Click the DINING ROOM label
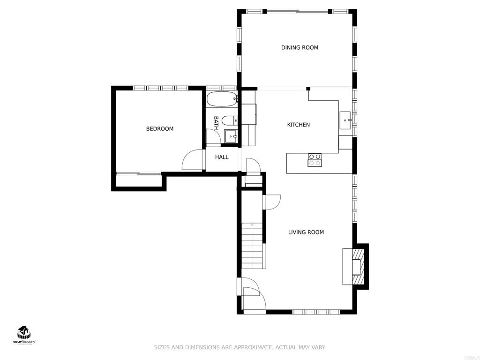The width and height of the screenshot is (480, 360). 300,47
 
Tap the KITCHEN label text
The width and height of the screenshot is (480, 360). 299,125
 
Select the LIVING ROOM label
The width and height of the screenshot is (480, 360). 306,232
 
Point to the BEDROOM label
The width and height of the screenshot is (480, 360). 160,129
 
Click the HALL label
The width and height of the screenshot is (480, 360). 222,157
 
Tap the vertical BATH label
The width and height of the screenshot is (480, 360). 216,123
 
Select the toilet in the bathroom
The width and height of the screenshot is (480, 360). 229,120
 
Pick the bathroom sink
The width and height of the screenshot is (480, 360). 231,136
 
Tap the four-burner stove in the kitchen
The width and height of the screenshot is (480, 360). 315,160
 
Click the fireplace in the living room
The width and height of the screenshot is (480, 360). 356,266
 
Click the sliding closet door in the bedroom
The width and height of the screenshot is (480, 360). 138,173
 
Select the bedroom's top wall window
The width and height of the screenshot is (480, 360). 161,88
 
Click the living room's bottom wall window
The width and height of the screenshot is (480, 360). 316,311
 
